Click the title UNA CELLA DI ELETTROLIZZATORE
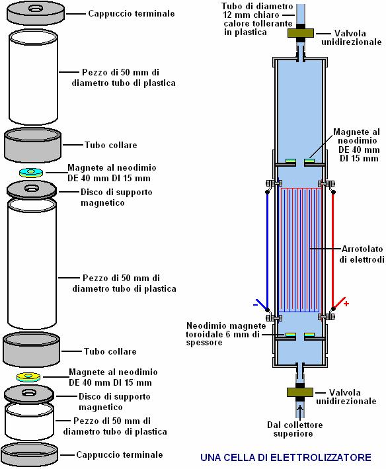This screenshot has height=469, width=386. tap(286, 457)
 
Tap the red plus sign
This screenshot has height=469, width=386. tap(346, 304)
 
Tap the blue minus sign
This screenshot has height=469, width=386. tap(255, 305)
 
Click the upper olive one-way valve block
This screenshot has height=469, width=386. tap(301, 33)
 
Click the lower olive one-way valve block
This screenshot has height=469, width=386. tap(300, 392)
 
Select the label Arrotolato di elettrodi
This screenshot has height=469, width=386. tap(362, 254)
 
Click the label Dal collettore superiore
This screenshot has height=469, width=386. tap(295, 429)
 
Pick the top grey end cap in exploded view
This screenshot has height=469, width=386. tap(36, 13)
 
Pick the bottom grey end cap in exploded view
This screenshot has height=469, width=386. tap(29, 454)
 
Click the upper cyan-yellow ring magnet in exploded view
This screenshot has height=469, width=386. tap(31, 173)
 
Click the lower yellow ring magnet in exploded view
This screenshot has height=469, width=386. tap(28, 377)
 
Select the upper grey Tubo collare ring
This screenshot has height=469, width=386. tap(32, 145)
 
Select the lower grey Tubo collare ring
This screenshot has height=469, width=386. tap(31, 350)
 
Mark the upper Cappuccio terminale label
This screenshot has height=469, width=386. tap(132, 13)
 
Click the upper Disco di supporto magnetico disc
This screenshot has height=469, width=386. tap(31, 191)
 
